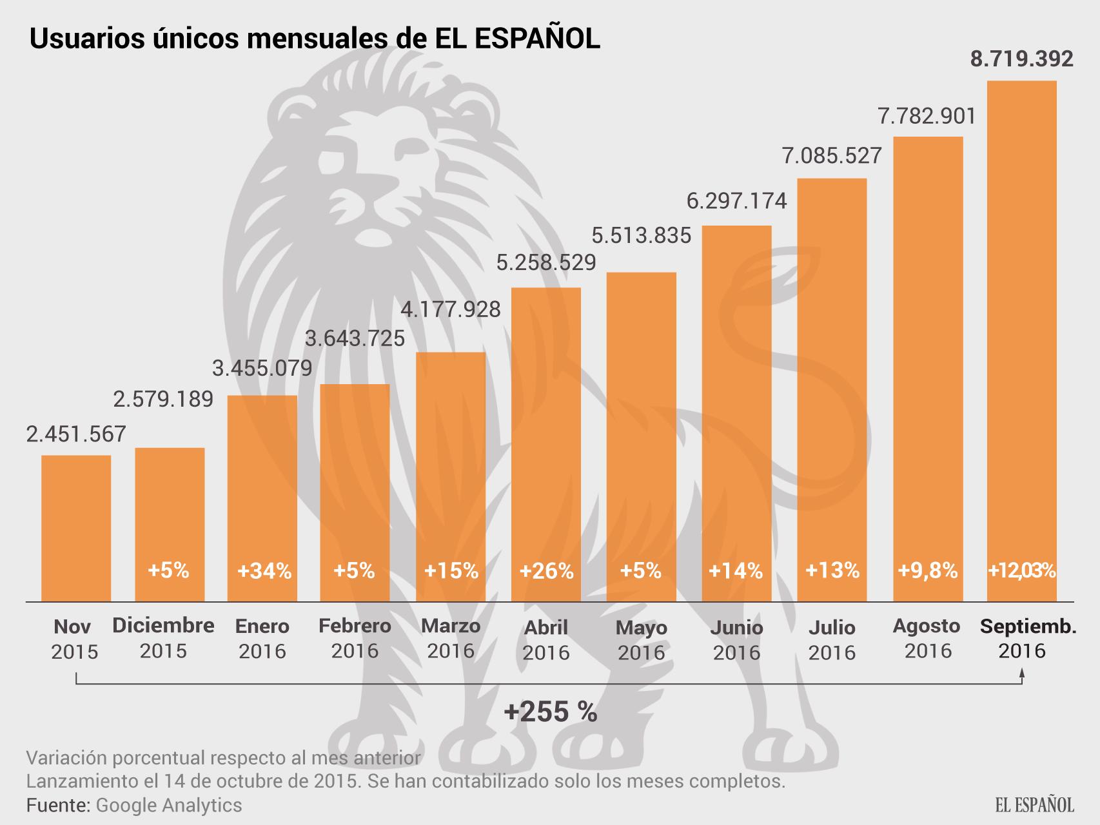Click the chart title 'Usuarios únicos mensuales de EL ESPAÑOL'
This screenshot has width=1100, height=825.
tap(315, 39)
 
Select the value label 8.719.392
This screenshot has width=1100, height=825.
tap(1022, 59)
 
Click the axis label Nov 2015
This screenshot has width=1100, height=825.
tap(74, 639)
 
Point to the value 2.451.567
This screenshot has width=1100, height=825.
tap(76, 434)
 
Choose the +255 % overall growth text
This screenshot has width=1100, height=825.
tap(550, 712)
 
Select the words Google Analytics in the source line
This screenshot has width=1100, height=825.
tap(169, 805)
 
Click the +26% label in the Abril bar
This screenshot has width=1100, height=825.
tap(546, 571)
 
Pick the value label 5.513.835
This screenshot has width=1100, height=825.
tap(642, 235)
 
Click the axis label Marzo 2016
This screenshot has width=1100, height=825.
tap(451, 638)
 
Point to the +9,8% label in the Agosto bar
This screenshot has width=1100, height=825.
tap(928, 571)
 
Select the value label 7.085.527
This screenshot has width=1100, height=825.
tap(832, 155)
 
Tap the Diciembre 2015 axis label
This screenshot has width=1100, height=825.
tap(163, 637)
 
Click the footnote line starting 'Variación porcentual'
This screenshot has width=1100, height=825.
tap(223, 758)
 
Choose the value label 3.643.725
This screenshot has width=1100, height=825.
tap(355, 338)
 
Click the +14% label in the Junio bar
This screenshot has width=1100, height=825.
tap(736, 571)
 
